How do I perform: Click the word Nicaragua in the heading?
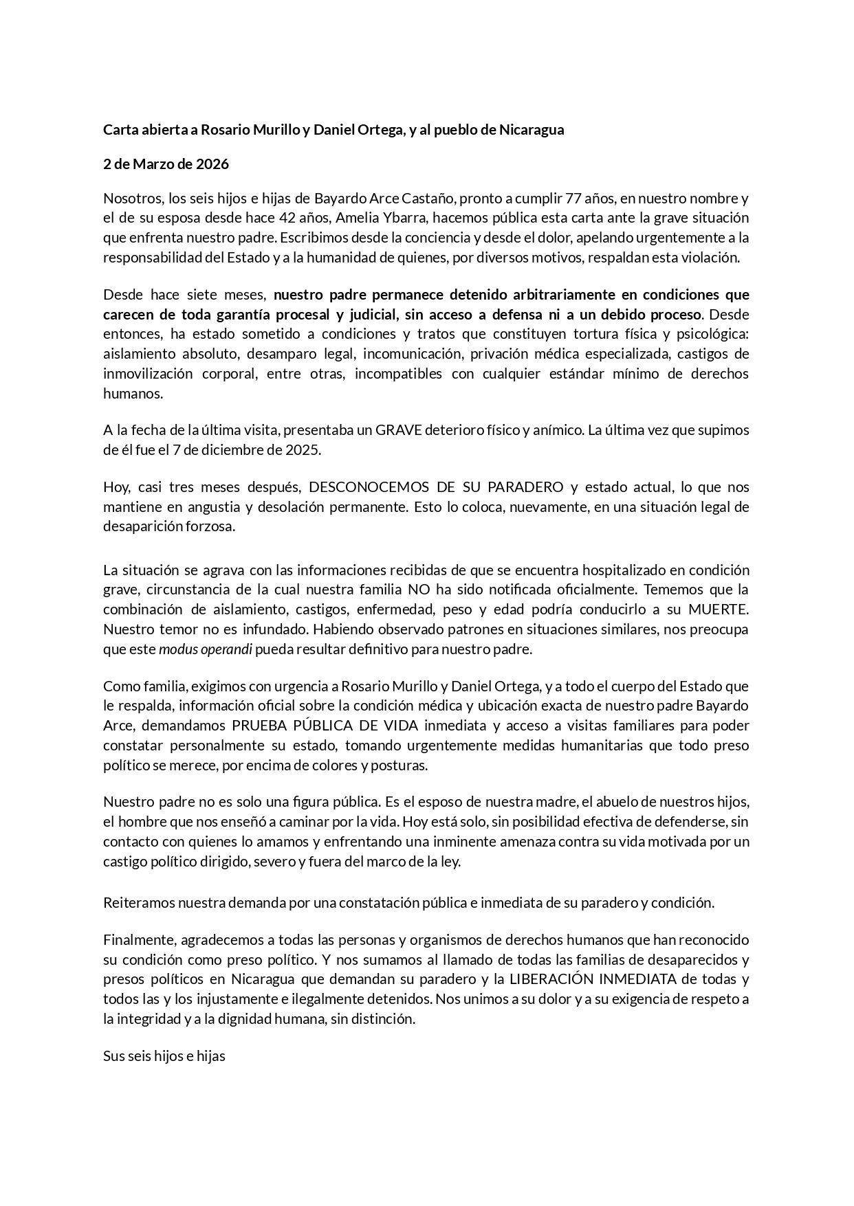click(x=532, y=129)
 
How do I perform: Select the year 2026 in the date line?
click(x=212, y=164)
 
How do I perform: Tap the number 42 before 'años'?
click(x=288, y=219)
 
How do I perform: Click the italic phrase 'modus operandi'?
click(x=205, y=649)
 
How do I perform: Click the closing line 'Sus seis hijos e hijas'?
click(x=164, y=1056)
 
